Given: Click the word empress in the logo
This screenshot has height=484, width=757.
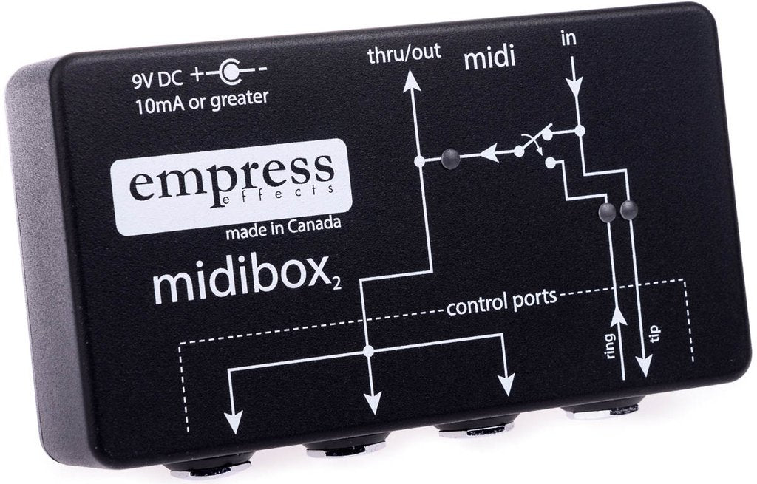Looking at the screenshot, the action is tap(231, 177).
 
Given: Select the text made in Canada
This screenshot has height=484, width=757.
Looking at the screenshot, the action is tap(283, 229).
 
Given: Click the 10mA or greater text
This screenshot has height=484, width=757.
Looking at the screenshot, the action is tap(202, 102).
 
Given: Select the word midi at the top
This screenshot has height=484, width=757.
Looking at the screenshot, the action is tap(489, 58).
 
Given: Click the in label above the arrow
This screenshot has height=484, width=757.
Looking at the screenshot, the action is tap(569, 38).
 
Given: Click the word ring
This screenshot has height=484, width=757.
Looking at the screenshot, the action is tap(610, 346).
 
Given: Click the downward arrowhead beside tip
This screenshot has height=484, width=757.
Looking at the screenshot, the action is tap(644, 367).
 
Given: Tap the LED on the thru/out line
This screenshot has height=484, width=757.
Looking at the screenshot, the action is tap(450, 157).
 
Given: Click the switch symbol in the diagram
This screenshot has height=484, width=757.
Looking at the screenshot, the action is tap(537, 145).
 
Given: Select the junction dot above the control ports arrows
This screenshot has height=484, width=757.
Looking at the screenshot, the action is tap(368, 351).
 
